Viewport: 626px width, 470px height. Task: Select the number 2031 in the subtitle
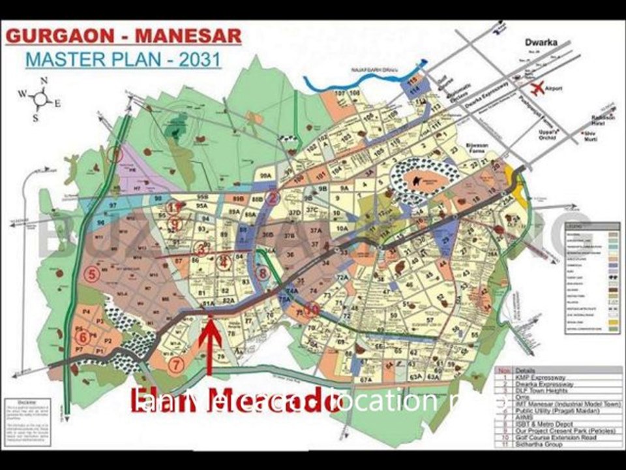(200, 60)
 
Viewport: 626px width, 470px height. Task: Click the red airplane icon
(537, 88)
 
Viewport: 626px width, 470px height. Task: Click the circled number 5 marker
(92, 274)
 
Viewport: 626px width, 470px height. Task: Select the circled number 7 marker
(175, 365)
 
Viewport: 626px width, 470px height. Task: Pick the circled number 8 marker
(262, 274)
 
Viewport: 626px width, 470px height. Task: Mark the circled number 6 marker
(83, 337)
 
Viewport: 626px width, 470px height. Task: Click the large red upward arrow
(210, 346)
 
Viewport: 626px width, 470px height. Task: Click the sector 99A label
(265, 176)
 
